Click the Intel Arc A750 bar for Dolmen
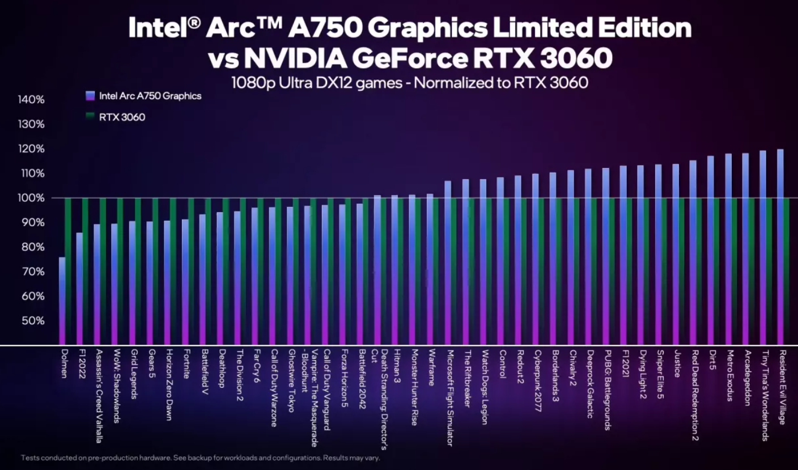pyautogui.click(x=62, y=300)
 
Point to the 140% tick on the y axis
pyautogui.click(x=32, y=100)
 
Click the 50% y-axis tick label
pyautogui.click(x=33, y=321)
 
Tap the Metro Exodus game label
pyautogui.click(x=729, y=375)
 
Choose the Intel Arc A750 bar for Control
pyautogui.click(x=500, y=261)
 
